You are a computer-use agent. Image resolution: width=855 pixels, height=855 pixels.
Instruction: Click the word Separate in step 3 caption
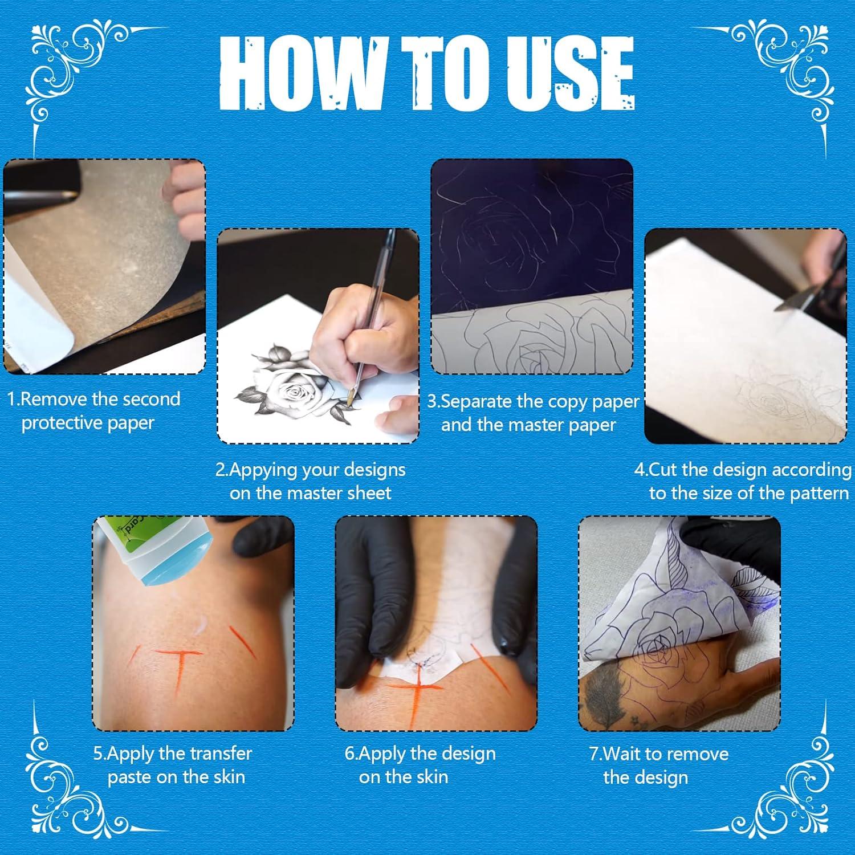[x=477, y=401]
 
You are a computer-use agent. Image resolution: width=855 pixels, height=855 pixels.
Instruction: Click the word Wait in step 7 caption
[x=623, y=754]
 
